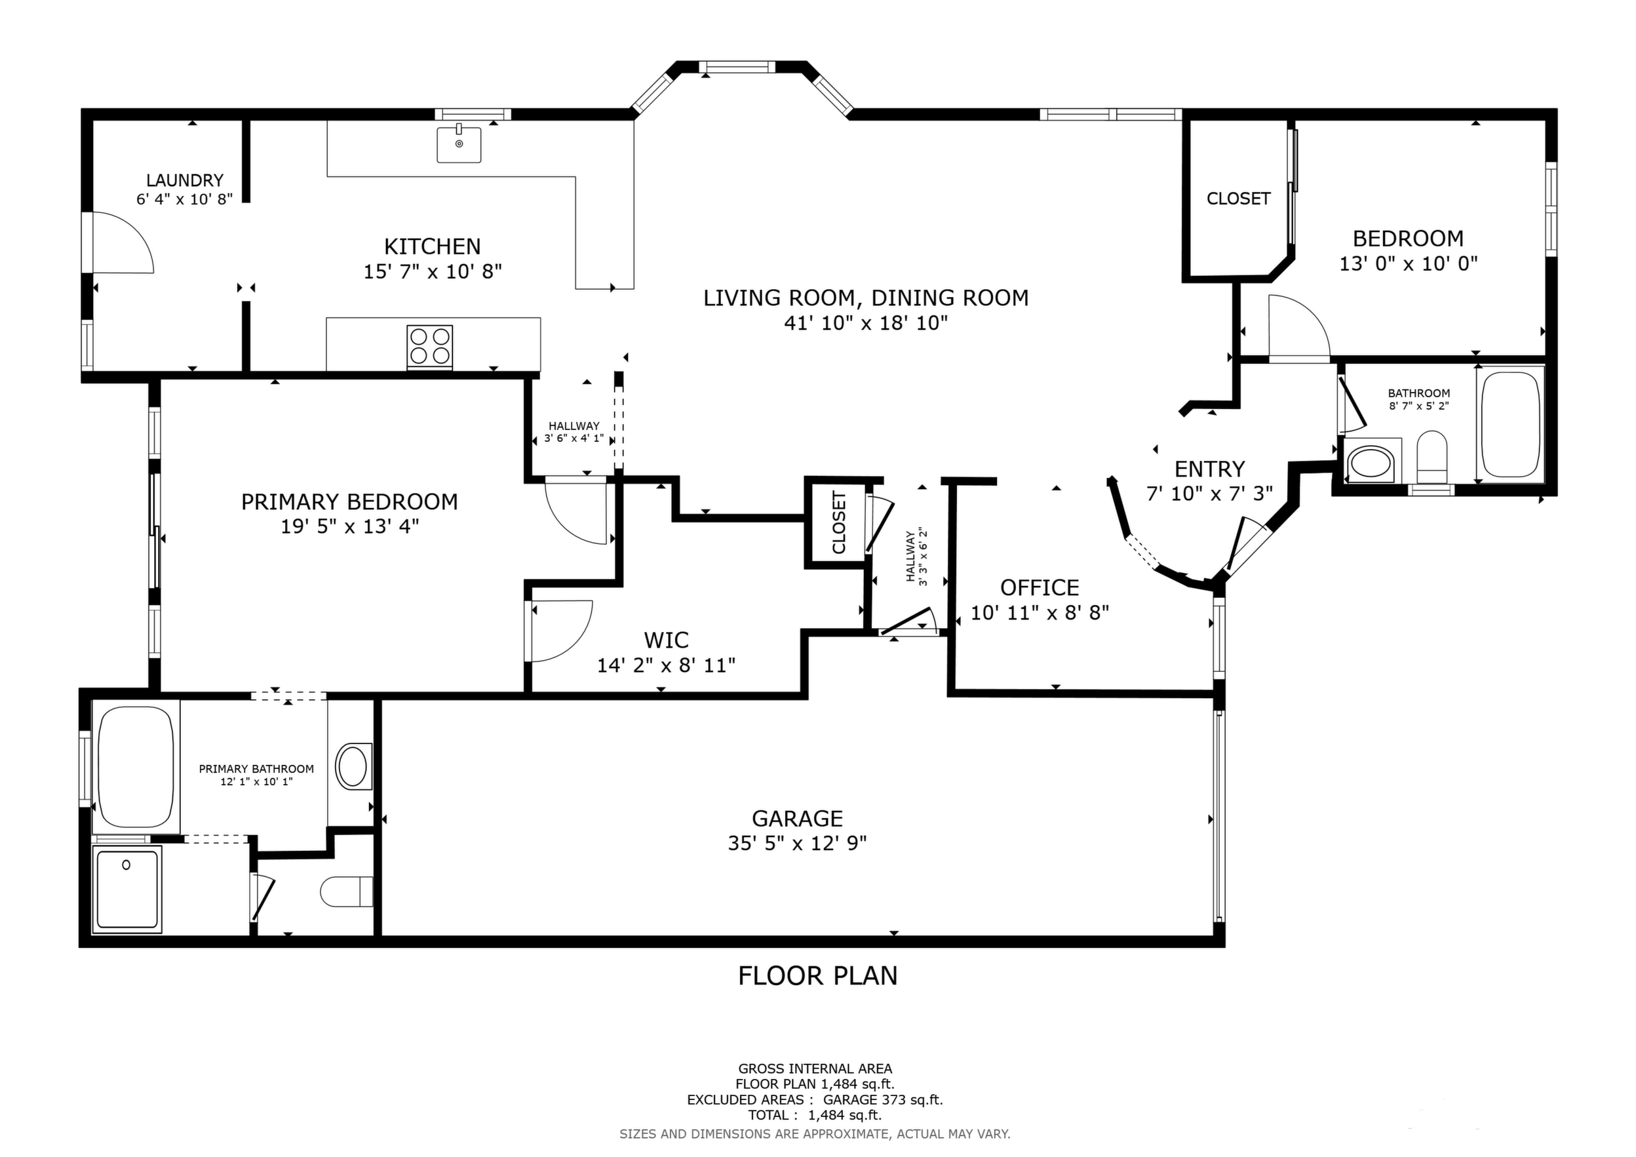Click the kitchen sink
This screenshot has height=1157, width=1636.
coord(459,144)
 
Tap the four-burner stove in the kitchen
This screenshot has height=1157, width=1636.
coord(430,347)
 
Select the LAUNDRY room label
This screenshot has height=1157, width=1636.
coord(185,180)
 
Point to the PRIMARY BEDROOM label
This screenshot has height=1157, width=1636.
coord(349,502)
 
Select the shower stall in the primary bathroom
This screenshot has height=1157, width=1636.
coord(128,889)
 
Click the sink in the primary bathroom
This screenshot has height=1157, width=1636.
coord(353,766)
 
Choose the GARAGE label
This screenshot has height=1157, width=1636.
coord(797,818)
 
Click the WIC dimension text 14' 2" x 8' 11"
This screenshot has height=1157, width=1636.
coord(666,665)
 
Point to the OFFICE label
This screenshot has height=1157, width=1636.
coord(1040,588)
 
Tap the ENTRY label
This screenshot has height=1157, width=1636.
coord(1210,469)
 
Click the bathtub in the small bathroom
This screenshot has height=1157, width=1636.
coord(1511,425)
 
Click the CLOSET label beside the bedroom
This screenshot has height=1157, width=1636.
coord(1238,199)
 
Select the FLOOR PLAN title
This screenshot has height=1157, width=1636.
coord(818,975)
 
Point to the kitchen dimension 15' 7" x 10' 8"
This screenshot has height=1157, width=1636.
coord(433,271)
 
